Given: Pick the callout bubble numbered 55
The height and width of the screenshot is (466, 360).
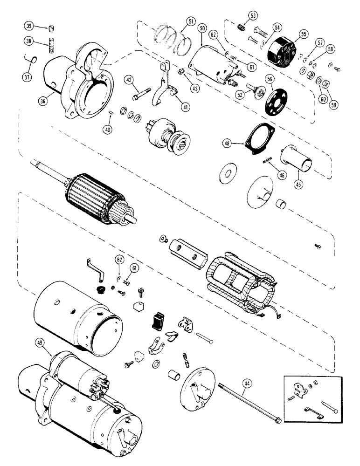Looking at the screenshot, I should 303,34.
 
